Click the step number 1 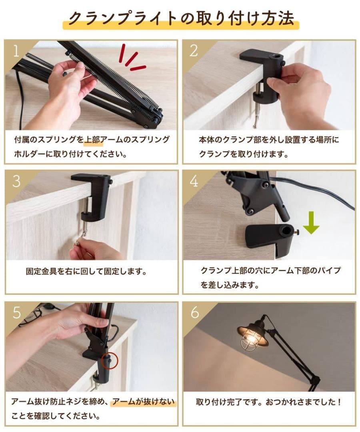click(16, 51)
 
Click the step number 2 click(194, 51)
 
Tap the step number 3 click(16, 181)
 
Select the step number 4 click(194, 181)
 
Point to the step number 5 click(16, 312)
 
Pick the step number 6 click(194, 312)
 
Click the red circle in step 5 click(110, 360)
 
